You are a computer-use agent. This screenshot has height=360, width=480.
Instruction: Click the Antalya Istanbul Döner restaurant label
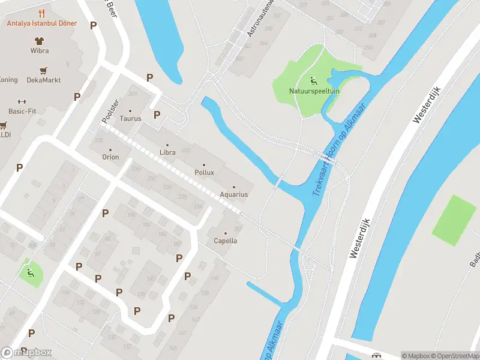click(x=41, y=23)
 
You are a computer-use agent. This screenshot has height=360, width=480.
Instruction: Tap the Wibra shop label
click(x=40, y=51)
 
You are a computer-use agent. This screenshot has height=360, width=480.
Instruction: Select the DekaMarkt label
click(x=43, y=80)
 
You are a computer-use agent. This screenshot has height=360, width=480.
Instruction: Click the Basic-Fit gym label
click(x=23, y=111)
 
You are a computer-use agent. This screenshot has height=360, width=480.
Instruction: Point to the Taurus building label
click(x=130, y=118)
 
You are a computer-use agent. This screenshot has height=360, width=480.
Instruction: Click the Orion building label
click(x=110, y=157)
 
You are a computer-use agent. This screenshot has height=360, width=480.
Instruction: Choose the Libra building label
click(x=167, y=152)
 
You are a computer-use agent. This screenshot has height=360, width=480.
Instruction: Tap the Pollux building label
click(x=204, y=172)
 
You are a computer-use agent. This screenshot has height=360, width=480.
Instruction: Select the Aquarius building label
click(x=234, y=194)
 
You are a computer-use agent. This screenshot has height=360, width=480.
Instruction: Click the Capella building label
click(x=226, y=241)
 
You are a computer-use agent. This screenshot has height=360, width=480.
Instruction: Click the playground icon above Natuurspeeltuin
click(x=313, y=81)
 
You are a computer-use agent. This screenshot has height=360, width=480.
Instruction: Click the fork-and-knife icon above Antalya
click(x=41, y=13)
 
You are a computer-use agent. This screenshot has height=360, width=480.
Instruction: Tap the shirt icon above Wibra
click(x=40, y=41)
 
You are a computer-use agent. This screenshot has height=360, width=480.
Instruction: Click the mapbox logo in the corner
click(x=27, y=352)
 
